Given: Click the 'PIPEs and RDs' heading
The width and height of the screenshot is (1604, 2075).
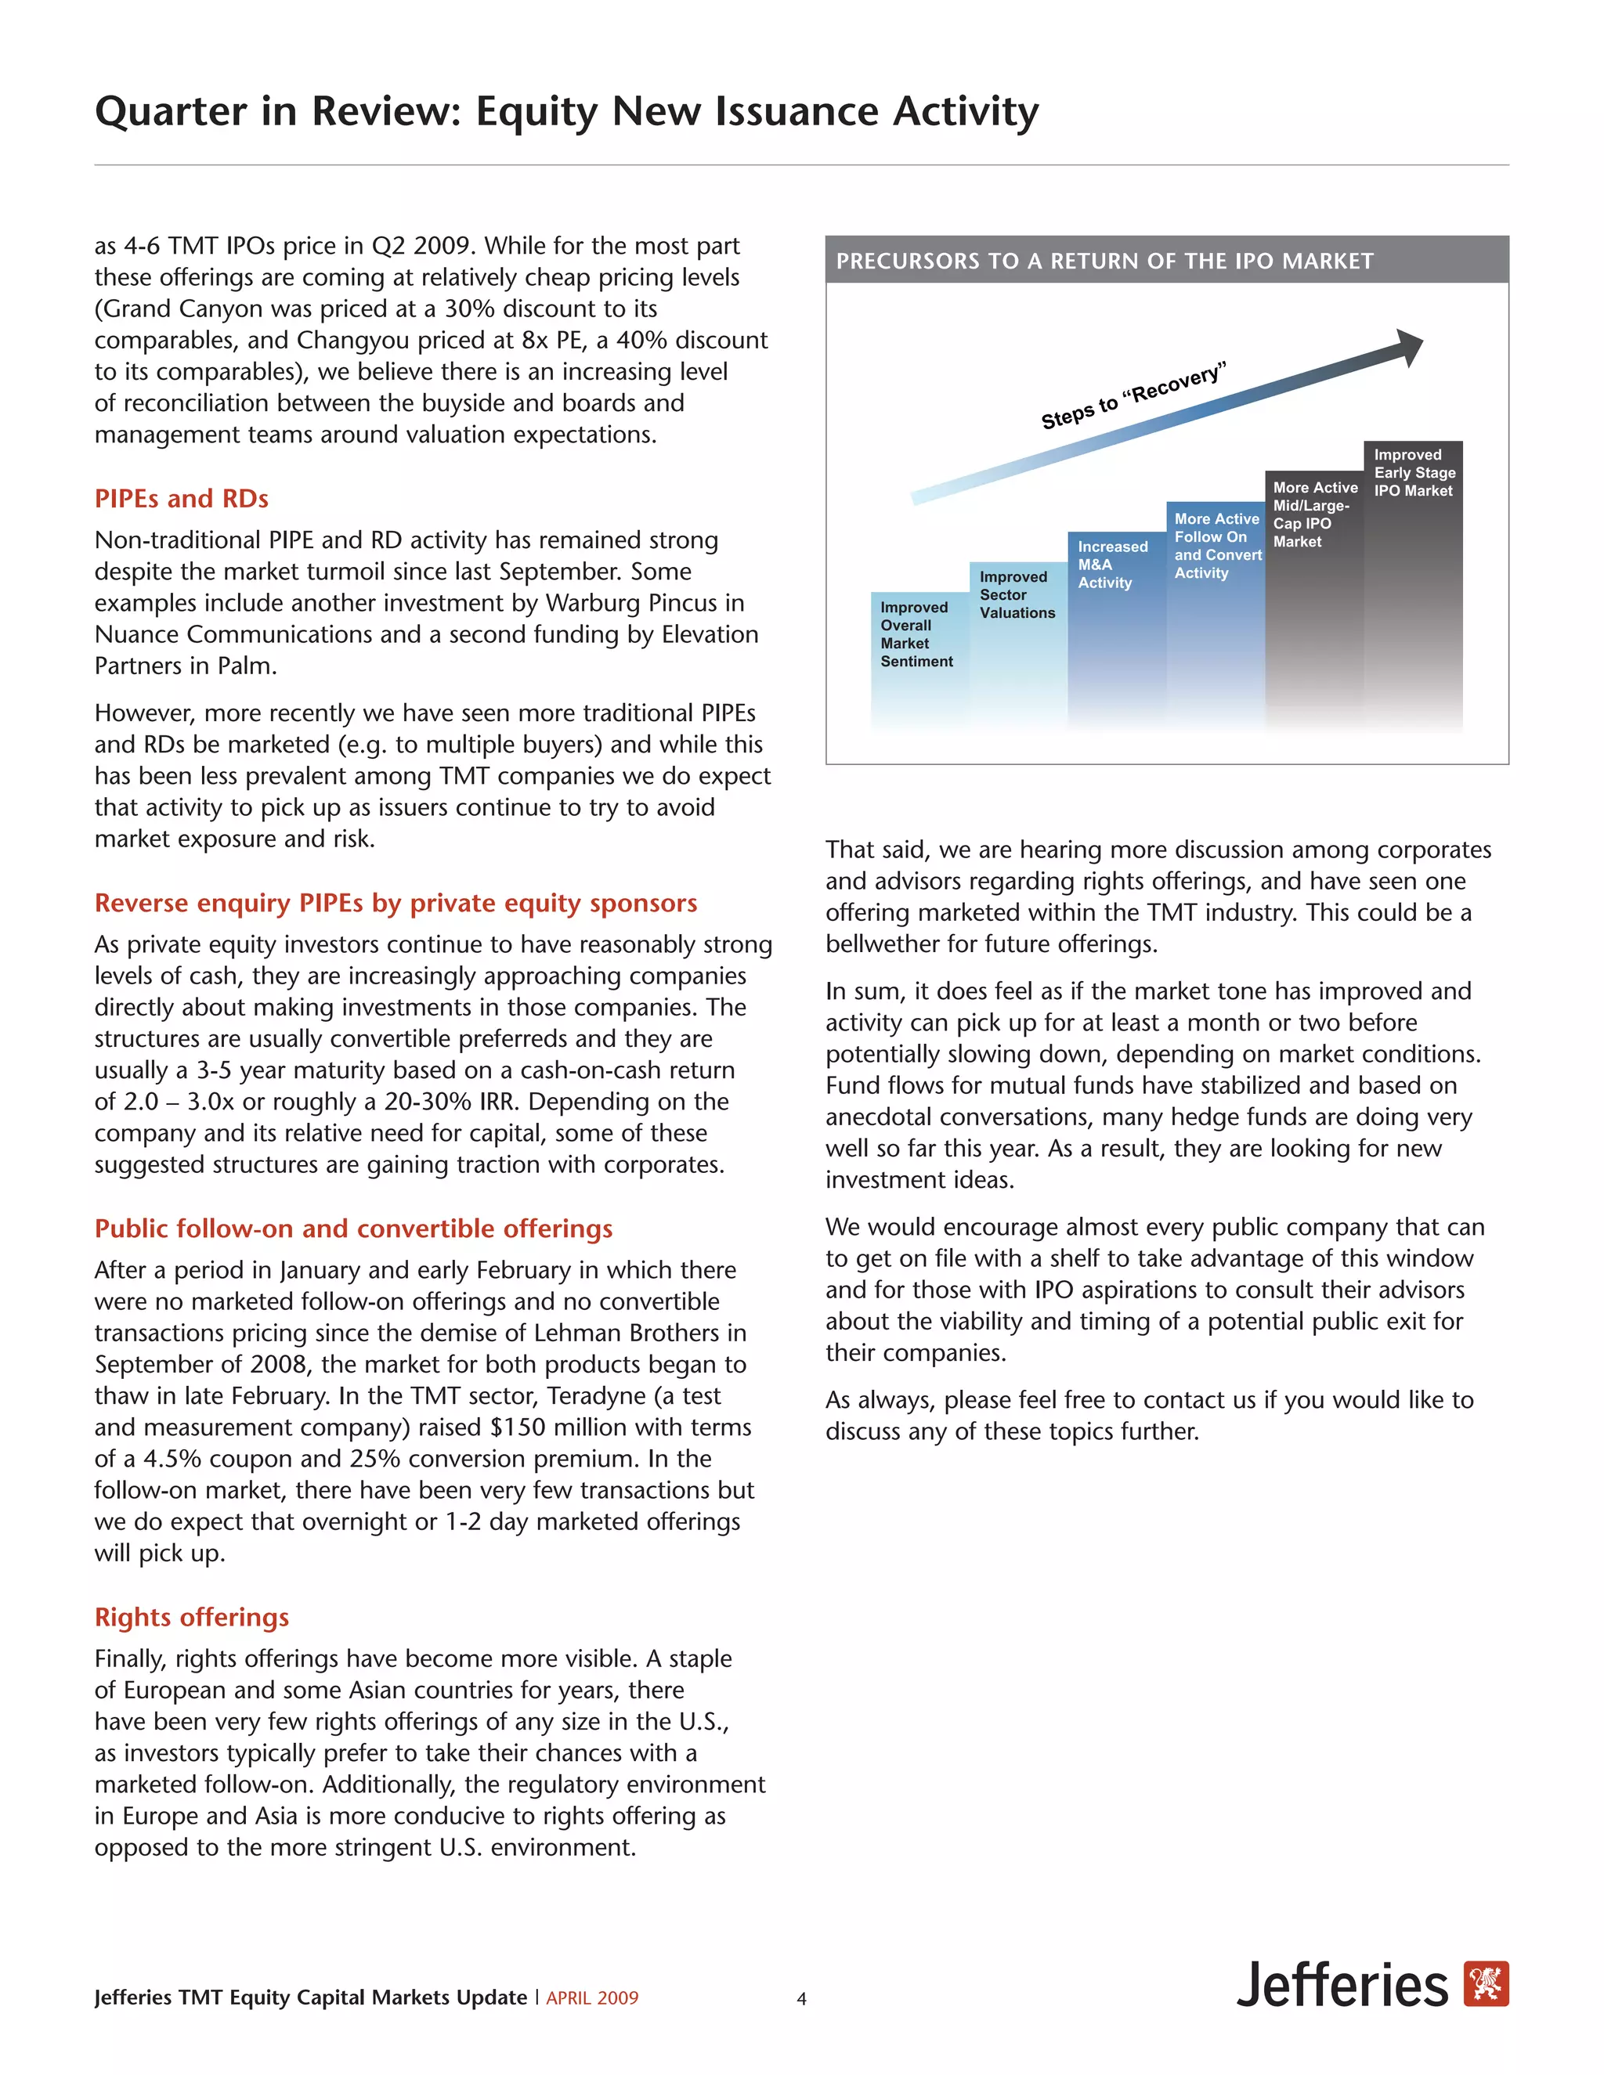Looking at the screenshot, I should [182, 499].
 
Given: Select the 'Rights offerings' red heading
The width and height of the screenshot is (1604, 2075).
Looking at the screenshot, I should [192, 1617].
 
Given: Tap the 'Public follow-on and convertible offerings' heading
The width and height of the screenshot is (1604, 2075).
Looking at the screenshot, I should [353, 1229].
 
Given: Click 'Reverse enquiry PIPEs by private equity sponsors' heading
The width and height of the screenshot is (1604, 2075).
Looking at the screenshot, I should [396, 903].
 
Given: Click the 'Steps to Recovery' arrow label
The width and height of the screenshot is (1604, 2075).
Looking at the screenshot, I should [1133, 395].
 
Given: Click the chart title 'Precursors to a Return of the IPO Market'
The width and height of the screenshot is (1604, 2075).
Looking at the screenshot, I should [1104, 262].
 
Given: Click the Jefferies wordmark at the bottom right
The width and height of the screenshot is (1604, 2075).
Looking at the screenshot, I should [1342, 1985].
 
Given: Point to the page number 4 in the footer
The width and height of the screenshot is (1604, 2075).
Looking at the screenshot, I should [801, 1999].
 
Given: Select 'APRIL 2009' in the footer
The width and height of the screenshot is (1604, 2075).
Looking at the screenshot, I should [592, 1998].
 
